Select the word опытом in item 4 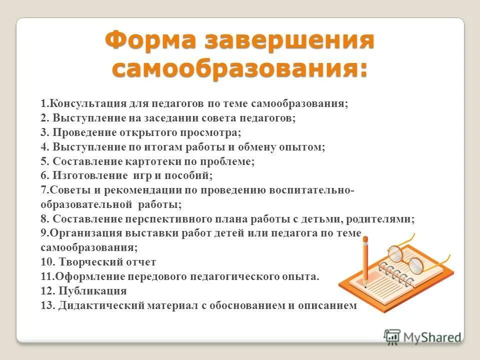[x=303, y=147]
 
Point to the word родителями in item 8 [x=386, y=219]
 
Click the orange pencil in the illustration [x=366, y=262]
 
